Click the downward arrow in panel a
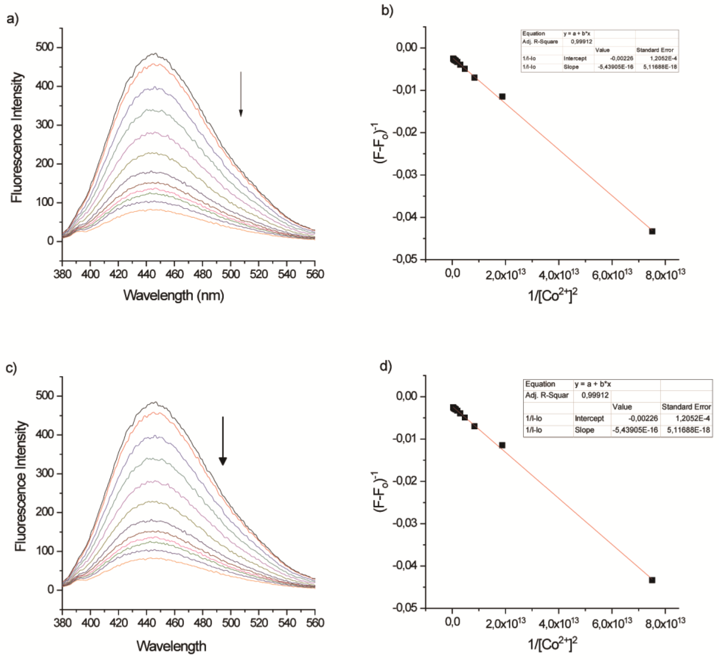point(241,94)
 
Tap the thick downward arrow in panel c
point(223,441)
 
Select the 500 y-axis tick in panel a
point(44,47)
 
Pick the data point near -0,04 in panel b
point(652,231)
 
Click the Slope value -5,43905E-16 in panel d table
point(635,430)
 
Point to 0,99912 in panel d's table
point(595,395)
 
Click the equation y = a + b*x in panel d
point(593,384)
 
